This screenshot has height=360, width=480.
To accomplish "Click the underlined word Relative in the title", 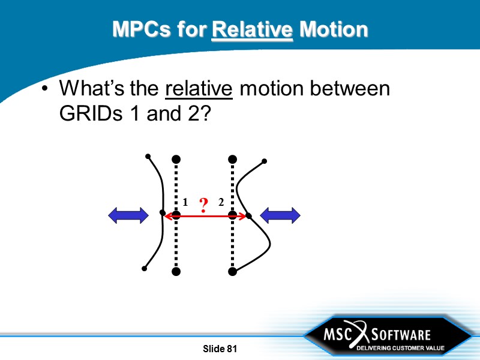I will (253, 29).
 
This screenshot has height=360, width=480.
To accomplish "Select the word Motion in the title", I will (333, 29).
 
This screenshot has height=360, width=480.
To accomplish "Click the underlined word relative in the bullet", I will (199, 89).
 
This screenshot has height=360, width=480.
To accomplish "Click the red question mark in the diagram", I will (203, 206).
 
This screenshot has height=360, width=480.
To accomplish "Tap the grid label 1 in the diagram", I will (185, 203).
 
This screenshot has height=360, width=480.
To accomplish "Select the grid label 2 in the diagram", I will (221, 203).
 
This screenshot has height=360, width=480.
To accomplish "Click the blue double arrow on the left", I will (128, 215).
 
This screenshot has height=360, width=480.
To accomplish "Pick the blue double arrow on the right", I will (280, 215).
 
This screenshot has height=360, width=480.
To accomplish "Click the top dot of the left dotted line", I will (176, 159).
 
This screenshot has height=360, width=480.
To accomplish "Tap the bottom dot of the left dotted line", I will (176, 272).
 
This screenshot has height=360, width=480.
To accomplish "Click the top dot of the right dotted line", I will (232, 159).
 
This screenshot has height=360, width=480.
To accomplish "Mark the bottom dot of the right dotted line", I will (232, 272).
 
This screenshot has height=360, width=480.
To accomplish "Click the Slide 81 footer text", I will (220, 349).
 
